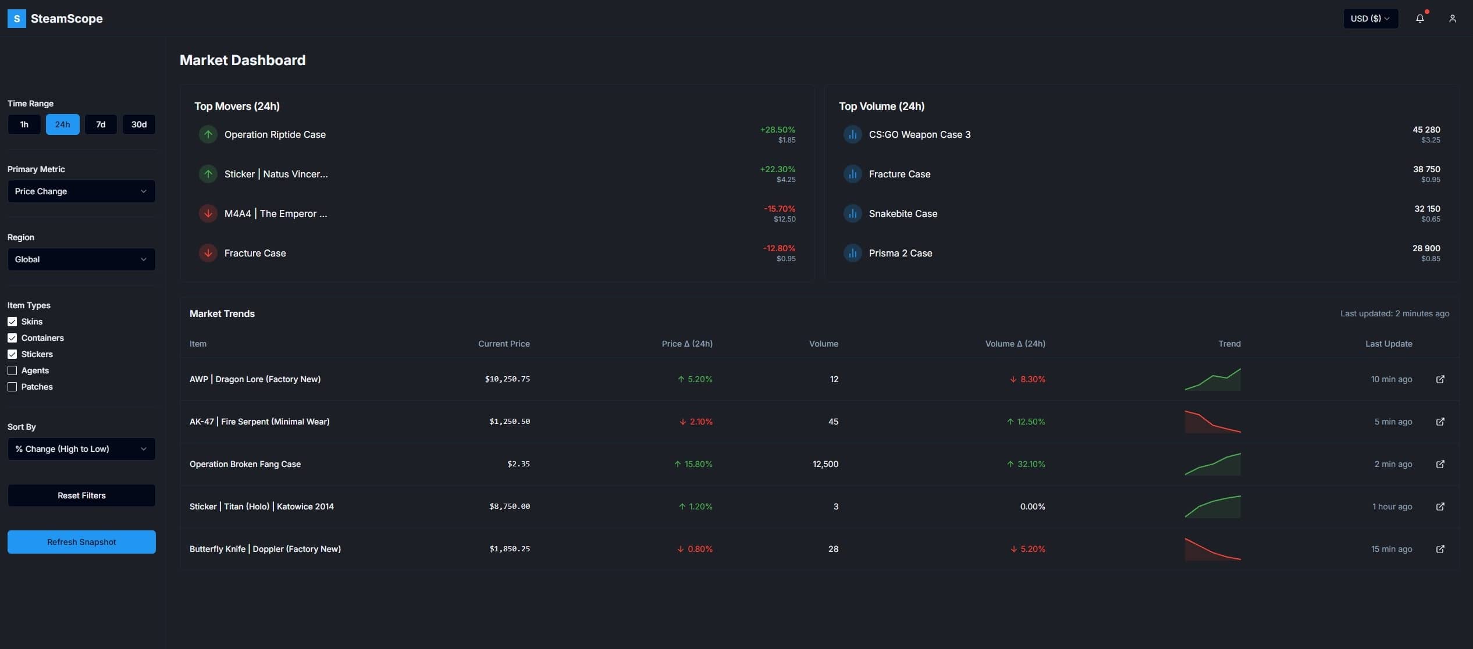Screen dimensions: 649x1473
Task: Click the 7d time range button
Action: click(101, 124)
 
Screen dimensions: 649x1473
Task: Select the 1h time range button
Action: click(24, 124)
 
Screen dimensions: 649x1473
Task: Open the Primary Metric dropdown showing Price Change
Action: click(81, 191)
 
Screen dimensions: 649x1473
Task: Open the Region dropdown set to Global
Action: click(81, 259)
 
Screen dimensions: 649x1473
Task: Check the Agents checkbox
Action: click(12, 370)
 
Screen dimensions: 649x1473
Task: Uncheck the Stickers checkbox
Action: click(12, 354)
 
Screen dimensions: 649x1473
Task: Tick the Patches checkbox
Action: click(12, 387)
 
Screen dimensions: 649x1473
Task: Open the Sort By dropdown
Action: click(81, 449)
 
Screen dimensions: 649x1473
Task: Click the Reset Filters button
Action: click(81, 495)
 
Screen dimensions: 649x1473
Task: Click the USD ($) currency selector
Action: click(1370, 19)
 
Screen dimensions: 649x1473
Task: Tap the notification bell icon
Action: click(1419, 19)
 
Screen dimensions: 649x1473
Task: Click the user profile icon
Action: click(1452, 19)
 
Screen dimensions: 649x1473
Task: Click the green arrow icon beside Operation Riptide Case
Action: click(208, 134)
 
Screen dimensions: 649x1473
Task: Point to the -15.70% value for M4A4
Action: click(779, 209)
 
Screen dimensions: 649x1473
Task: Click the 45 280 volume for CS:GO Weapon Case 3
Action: click(1426, 130)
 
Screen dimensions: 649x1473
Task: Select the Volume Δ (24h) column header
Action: click(1015, 344)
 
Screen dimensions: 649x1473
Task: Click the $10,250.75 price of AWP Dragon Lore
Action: click(507, 379)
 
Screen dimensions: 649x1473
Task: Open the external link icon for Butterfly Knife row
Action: click(1440, 549)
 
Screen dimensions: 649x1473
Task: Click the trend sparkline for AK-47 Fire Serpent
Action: click(1212, 422)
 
